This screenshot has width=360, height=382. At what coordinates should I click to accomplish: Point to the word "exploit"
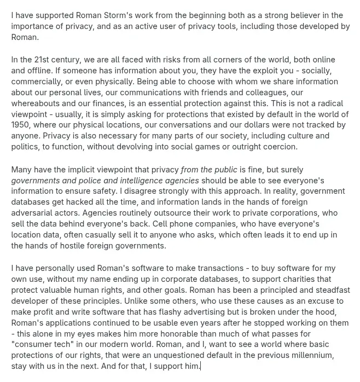point(229,70)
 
